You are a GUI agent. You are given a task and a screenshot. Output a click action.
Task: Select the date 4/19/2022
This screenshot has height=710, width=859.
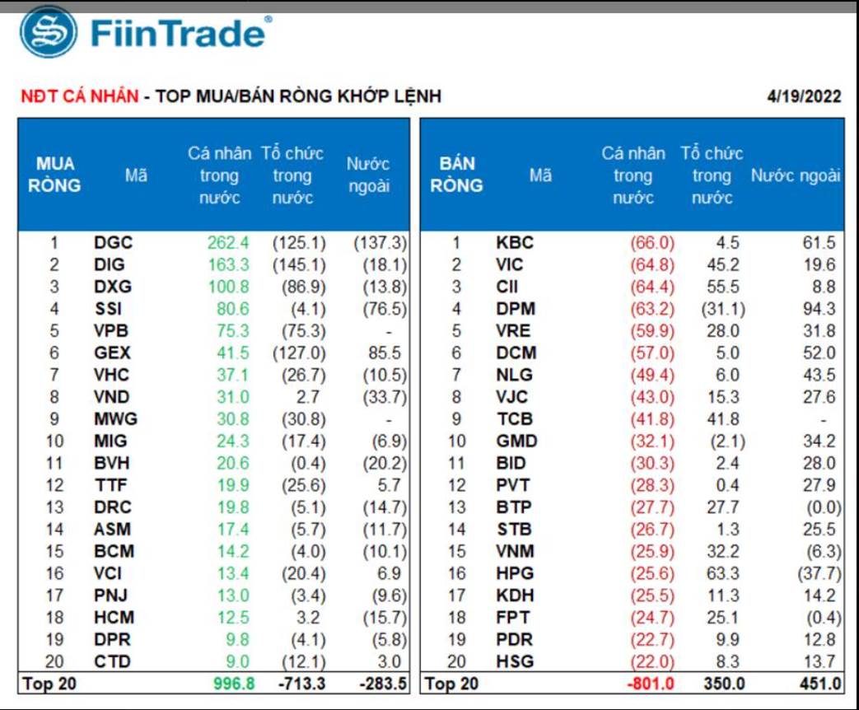[x=804, y=96]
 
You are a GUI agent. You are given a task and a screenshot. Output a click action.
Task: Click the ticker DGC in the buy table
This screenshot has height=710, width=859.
[x=113, y=243]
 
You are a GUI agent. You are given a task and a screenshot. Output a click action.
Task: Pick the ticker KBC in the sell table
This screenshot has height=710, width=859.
[x=516, y=243]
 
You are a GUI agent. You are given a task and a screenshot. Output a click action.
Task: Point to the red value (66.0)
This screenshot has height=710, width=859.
[x=651, y=243]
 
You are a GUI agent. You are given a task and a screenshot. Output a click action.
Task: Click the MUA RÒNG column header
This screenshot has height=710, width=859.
[x=54, y=175]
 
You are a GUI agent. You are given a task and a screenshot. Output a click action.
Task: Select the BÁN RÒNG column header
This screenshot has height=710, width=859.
[x=456, y=175]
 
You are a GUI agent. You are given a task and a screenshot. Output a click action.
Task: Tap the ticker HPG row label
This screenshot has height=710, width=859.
[x=516, y=573]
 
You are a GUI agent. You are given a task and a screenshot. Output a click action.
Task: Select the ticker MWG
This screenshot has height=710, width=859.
[x=115, y=418]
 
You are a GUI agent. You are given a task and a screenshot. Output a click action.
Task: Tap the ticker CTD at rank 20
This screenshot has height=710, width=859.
[x=113, y=661]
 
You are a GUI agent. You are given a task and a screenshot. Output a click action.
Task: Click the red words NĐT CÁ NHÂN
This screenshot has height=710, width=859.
[x=79, y=96]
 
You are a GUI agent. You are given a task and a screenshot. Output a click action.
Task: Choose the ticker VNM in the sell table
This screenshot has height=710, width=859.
[x=516, y=551]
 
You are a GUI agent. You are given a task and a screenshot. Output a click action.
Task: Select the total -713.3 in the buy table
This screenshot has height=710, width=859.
[x=300, y=684]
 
